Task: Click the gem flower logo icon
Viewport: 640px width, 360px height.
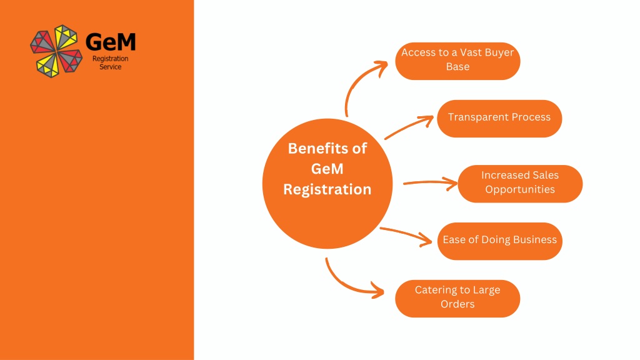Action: (56, 51)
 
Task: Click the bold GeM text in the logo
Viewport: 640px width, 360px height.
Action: (111, 42)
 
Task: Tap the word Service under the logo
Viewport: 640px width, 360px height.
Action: (110, 67)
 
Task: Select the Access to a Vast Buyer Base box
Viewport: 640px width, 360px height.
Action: (457, 61)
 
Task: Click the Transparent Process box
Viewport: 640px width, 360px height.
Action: (499, 119)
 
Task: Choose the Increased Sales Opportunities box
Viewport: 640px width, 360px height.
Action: (520, 184)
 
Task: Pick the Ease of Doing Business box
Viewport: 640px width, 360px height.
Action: (499, 241)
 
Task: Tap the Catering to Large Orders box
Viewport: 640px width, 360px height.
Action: (457, 299)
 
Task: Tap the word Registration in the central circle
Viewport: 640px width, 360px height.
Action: (327, 189)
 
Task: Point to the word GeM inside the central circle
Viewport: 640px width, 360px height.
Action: (327, 169)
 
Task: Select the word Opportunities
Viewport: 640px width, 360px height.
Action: (520, 189)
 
